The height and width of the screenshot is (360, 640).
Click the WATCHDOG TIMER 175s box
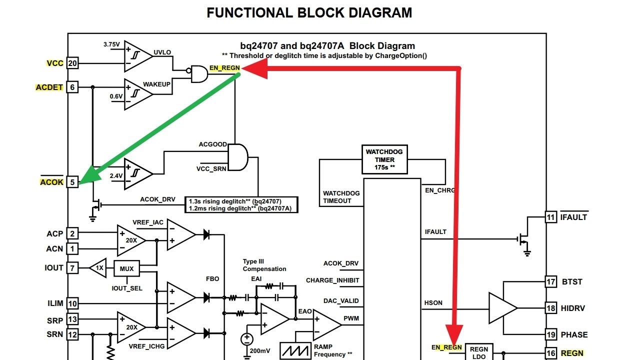pyautogui.click(x=384, y=159)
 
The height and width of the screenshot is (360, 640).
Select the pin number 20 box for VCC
pyautogui.click(x=72, y=63)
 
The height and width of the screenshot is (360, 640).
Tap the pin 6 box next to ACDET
pyautogui.click(x=72, y=87)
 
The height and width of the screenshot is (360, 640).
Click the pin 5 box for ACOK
pyautogui.click(x=72, y=182)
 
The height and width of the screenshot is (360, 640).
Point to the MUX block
pyautogui.click(x=127, y=268)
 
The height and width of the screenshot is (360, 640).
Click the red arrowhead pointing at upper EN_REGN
pyautogui.click(x=255, y=68)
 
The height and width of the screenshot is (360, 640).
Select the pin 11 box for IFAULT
pyautogui.click(x=550, y=217)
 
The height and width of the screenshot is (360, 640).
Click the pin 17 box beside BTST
pyautogui.click(x=550, y=281)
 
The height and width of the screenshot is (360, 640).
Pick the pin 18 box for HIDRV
pyautogui.click(x=550, y=308)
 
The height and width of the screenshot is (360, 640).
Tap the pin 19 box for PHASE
pyautogui.click(x=550, y=334)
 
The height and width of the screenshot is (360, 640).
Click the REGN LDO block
pyautogui.click(x=479, y=352)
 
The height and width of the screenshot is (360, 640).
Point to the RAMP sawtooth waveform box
pyautogui.click(x=295, y=350)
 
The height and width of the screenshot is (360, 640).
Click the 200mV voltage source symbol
pyautogui.click(x=246, y=339)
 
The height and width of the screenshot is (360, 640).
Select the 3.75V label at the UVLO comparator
pyautogui.click(x=111, y=44)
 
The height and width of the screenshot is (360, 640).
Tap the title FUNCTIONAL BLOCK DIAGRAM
pyautogui.click(x=309, y=13)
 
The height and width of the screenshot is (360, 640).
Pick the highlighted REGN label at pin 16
pyautogui.click(x=572, y=353)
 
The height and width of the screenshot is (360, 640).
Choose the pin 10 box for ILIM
pyautogui.click(x=72, y=303)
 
